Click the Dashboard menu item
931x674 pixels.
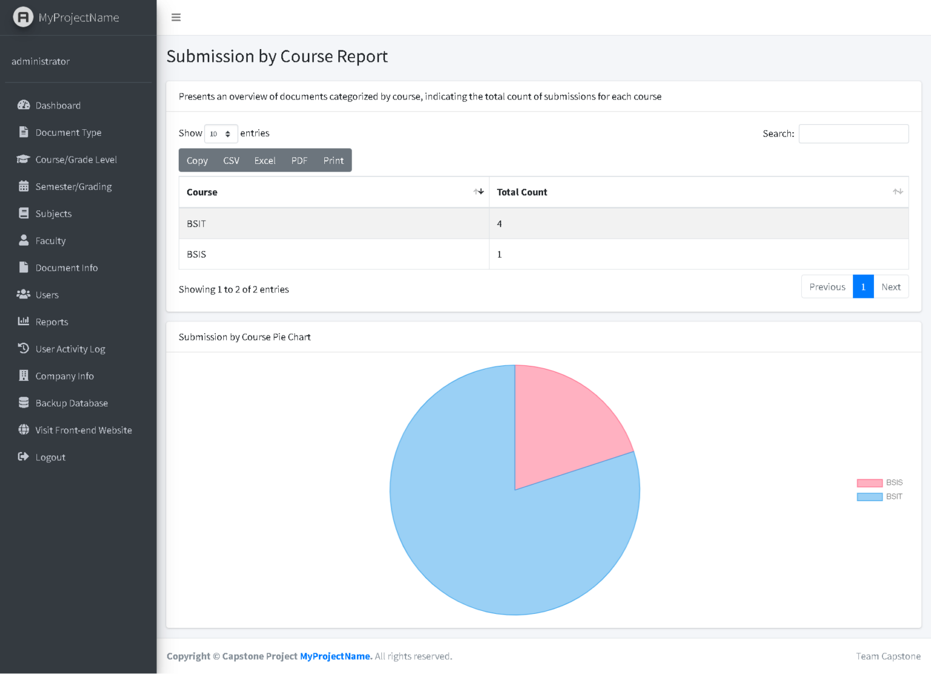tap(58, 106)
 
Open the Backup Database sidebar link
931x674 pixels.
tap(71, 403)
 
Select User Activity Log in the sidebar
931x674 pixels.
tap(70, 349)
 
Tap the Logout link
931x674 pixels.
tap(50, 457)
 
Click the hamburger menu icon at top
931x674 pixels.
tap(176, 18)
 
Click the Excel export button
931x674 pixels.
tap(265, 161)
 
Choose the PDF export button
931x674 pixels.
tap(299, 161)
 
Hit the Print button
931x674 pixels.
tap(333, 161)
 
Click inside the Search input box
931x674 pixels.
tap(853, 134)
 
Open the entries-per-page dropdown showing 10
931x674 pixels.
tap(221, 134)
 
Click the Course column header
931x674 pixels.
tap(202, 192)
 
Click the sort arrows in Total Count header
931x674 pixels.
tap(898, 192)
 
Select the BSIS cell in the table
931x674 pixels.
tap(196, 255)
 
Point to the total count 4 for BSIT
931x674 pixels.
tap(499, 224)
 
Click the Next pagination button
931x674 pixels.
tap(891, 287)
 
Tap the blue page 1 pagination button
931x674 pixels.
tap(863, 287)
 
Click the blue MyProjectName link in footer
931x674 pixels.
tap(335, 656)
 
